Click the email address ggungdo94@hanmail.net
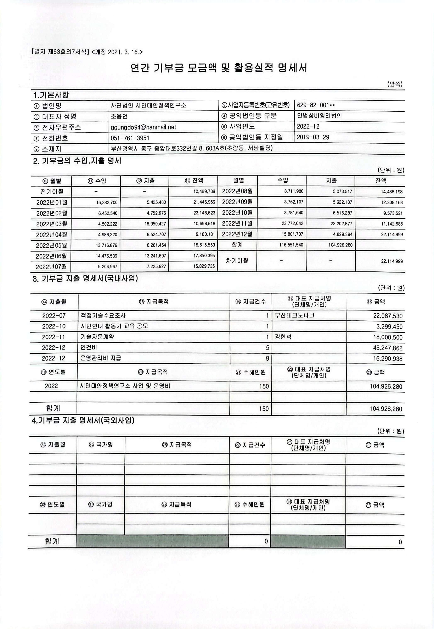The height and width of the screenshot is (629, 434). pyautogui.click(x=143, y=127)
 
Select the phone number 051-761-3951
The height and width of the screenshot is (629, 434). pyautogui.click(x=130, y=138)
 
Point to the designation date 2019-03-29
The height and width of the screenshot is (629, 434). pyautogui.click(x=313, y=137)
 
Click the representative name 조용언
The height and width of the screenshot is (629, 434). pyautogui.click(x=119, y=116)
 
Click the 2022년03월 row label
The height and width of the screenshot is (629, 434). pyautogui.click(x=51, y=224)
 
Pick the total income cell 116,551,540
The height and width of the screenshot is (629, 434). pyautogui.click(x=291, y=245)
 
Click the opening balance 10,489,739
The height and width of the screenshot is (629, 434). pyautogui.click(x=204, y=191)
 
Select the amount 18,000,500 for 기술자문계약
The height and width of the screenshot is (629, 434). pyautogui.click(x=388, y=337)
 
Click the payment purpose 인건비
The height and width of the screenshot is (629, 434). pyautogui.click(x=89, y=348)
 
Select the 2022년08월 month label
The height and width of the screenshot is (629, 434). pyautogui.click(x=237, y=191)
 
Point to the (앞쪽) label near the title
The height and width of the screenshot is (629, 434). pyautogui.click(x=395, y=84)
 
